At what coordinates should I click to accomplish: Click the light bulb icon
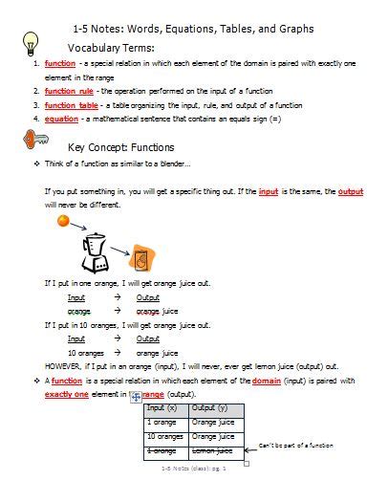pyautogui.click(x=31, y=42)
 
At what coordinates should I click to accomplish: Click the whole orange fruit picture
pyautogui.click(x=62, y=221)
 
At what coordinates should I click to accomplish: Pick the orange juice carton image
pyautogui.click(x=140, y=259)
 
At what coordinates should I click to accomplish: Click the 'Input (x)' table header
pyautogui.click(x=163, y=409)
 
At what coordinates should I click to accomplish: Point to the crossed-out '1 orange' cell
pyautogui.click(x=162, y=450)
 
